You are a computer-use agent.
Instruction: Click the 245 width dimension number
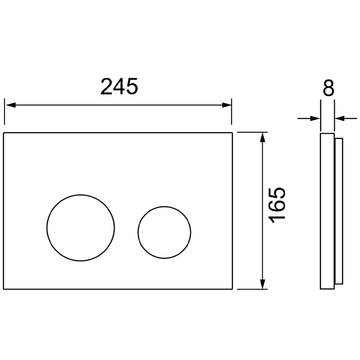coord(119,86)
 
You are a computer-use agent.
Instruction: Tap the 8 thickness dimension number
coord(329,88)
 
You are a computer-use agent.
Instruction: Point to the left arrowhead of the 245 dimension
coord(11,105)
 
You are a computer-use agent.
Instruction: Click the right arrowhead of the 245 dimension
coord(227,105)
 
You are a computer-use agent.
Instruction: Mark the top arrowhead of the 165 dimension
coord(263,137)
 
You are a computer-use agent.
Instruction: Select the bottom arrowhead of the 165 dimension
coord(263,284)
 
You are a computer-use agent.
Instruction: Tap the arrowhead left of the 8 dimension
coord(315,118)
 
